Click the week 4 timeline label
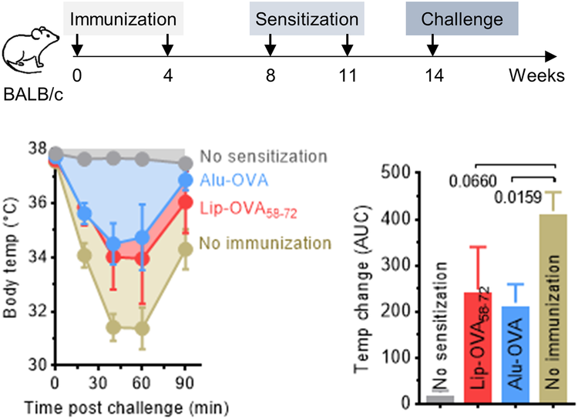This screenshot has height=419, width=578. tap(167, 78)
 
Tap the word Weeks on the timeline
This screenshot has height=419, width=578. tap(533, 78)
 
